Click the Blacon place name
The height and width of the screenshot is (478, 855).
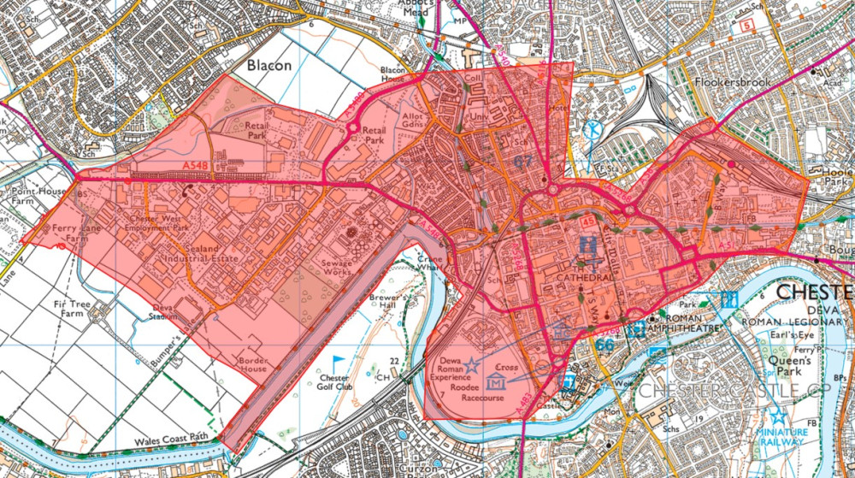(269, 66)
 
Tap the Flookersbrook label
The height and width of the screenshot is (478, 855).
(733, 82)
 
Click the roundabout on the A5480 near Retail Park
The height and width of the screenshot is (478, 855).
(352, 128)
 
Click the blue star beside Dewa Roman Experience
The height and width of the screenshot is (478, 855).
(471, 365)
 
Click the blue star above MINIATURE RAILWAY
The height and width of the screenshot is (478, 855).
(777, 416)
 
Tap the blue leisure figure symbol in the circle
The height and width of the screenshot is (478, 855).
(593, 133)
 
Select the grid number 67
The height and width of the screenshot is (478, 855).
(523, 160)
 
